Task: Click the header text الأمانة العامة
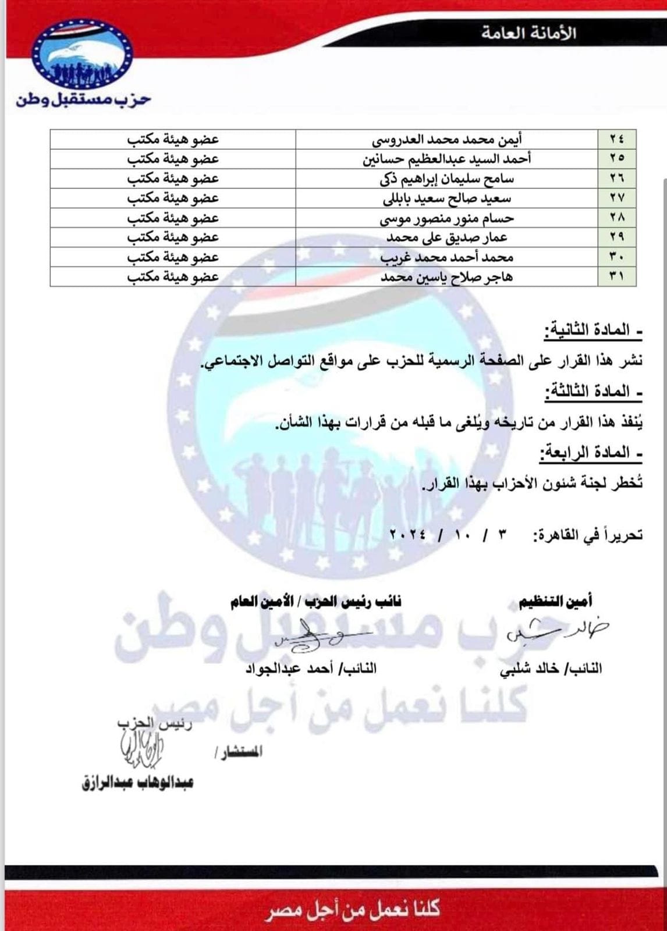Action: point(528,33)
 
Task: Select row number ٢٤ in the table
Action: point(616,140)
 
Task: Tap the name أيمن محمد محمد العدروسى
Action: point(447,140)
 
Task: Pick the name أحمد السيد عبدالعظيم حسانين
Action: point(447,159)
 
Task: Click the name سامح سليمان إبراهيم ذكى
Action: point(447,179)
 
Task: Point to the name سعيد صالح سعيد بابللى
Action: point(447,198)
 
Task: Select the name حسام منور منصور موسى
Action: point(447,218)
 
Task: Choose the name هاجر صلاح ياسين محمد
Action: point(447,277)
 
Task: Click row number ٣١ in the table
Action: point(616,277)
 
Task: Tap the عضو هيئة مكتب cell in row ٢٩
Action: point(173,237)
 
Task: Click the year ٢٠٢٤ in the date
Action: point(407,534)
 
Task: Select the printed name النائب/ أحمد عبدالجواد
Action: point(311,669)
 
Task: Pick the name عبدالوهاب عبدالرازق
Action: point(137,783)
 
